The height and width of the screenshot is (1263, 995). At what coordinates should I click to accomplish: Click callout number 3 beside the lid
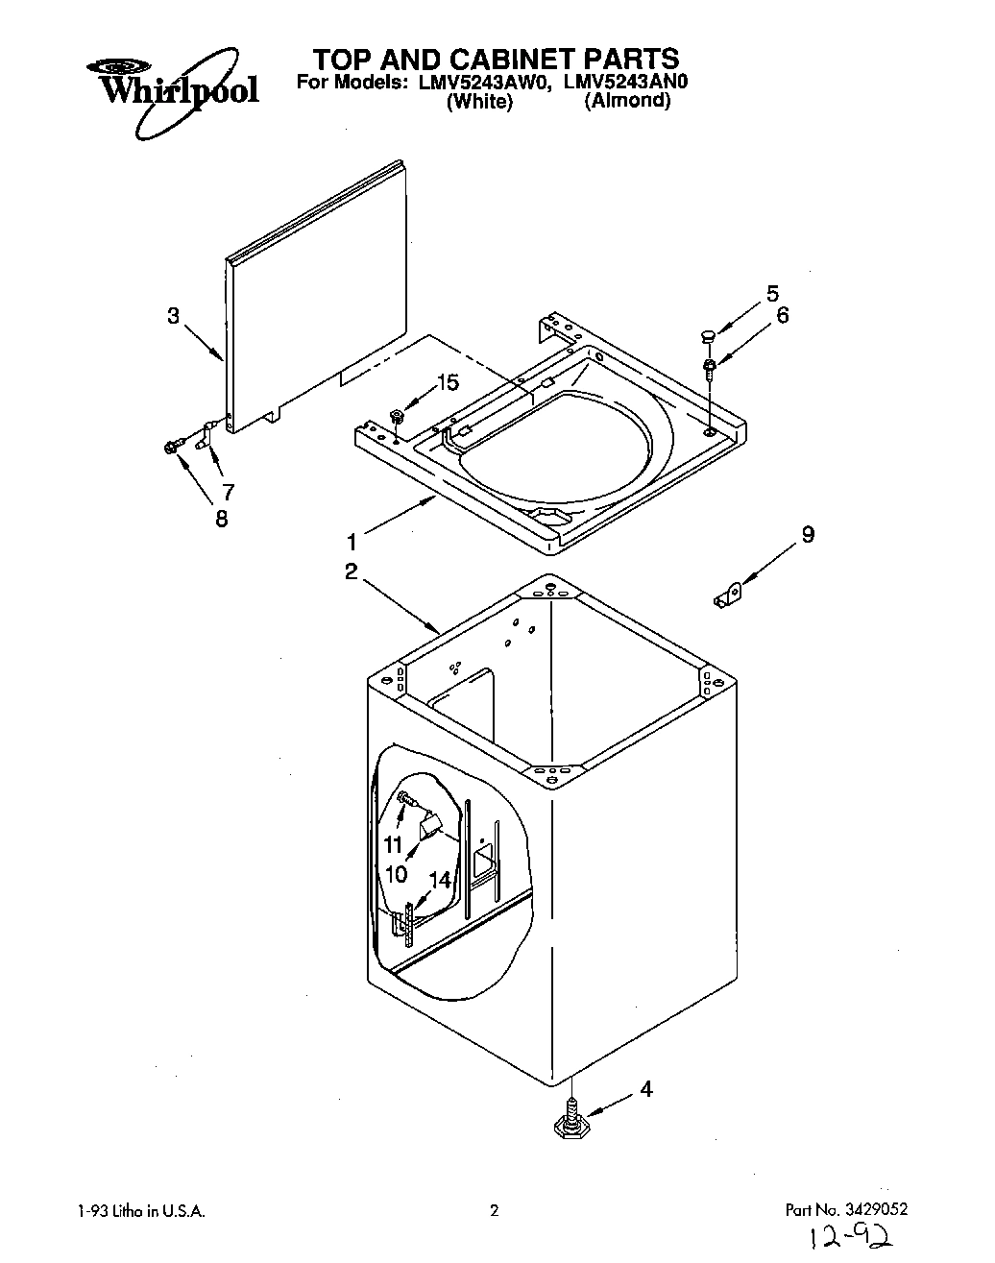click(173, 315)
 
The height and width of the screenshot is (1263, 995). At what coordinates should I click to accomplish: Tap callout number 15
click(448, 383)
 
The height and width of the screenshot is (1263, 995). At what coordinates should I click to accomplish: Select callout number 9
click(808, 535)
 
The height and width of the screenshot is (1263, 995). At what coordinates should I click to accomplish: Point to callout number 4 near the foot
click(646, 1089)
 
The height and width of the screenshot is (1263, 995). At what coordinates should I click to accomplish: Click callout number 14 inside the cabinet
click(439, 879)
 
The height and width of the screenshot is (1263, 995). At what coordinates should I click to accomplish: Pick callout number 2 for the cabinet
click(351, 572)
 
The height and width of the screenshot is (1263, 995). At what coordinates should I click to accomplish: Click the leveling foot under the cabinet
click(571, 1125)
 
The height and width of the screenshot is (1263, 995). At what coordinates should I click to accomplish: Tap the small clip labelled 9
click(729, 595)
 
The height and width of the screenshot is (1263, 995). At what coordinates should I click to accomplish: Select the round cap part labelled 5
click(709, 336)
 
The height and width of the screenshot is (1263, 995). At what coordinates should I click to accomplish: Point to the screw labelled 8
click(173, 447)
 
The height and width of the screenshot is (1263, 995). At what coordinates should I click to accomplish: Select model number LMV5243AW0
click(486, 83)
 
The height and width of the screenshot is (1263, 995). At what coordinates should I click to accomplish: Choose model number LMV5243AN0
click(627, 83)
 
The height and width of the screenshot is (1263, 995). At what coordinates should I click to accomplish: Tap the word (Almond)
click(626, 101)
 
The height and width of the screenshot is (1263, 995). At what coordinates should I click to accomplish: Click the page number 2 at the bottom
click(495, 1211)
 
